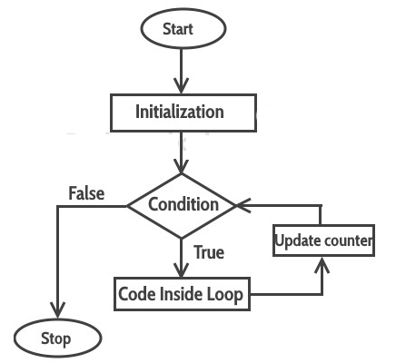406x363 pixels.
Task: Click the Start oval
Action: click(183, 29)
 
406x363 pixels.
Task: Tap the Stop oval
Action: click(58, 339)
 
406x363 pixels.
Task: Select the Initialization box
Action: click(180, 113)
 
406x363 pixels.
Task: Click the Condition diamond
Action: click(183, 204)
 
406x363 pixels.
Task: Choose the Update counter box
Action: click(322, 241)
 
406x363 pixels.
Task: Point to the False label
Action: click(86, 192)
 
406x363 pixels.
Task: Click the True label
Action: click(209, 252)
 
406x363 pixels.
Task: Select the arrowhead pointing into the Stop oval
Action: click(58, 312)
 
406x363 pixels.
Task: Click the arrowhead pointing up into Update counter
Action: click(322, 265)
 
